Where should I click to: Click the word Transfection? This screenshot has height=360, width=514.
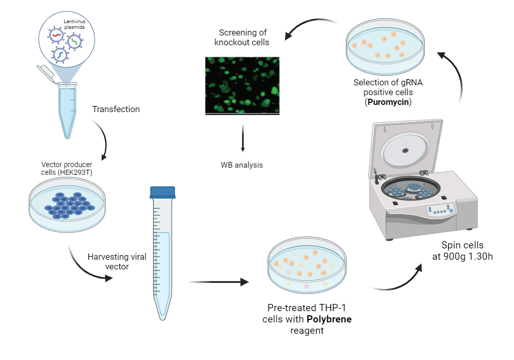pos(116,109)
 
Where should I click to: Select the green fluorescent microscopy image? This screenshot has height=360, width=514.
pos(242,85)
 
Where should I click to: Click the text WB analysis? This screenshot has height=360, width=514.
pos(242,165)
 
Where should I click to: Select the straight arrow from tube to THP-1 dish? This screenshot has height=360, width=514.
pos(218,282)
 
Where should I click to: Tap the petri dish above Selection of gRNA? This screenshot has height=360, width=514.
pos(385,46)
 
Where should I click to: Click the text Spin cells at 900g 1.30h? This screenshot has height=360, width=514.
pos(462,251)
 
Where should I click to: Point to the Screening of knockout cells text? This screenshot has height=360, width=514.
pos(242,37)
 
